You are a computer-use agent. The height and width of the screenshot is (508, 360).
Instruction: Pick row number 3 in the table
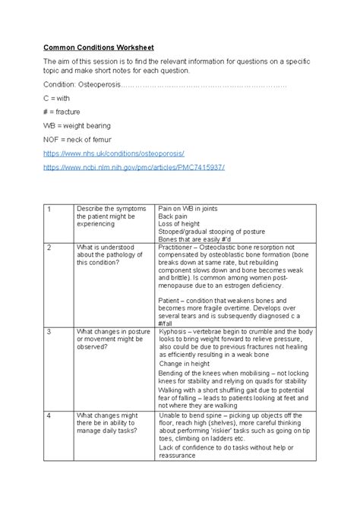(49, 333)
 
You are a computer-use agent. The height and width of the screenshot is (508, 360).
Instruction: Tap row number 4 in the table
(49, 415)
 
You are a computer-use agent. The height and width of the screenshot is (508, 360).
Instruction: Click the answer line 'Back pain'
(175, 216)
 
